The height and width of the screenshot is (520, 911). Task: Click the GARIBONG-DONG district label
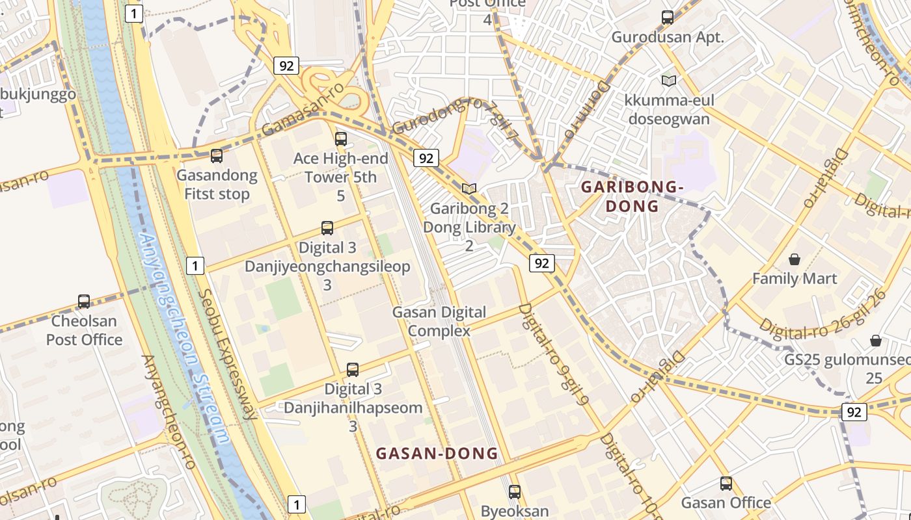(x=632, y=197)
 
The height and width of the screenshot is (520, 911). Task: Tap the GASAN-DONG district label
(x=437, y=453)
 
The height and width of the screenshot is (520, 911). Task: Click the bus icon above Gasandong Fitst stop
(x=217, y=156)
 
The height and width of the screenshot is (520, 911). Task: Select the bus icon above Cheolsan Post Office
(x=84, y=302)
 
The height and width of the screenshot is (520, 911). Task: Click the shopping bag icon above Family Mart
(x=794, y=259)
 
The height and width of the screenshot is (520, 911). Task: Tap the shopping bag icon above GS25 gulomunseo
(x=876, y=341)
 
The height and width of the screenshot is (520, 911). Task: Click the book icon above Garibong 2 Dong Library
(x=469, y=188)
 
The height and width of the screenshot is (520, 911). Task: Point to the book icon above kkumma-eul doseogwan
(x=668, y=81)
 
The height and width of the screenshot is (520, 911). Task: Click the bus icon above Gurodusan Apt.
(x=668, y=18)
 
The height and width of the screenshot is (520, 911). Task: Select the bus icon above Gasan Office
(x=726, y=484)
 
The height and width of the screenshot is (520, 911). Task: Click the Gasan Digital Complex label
(x=439, y=321)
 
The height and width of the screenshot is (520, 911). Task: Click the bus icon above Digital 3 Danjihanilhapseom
(x=353, y=370)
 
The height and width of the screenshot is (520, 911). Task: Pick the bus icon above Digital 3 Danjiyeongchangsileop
(x=327, y=228)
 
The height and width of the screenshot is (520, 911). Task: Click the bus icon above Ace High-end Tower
(x=341, y=138)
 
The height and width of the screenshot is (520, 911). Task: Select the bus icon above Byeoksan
(x=515, y=492)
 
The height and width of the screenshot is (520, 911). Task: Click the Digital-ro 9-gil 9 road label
(x=554, y=354)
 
